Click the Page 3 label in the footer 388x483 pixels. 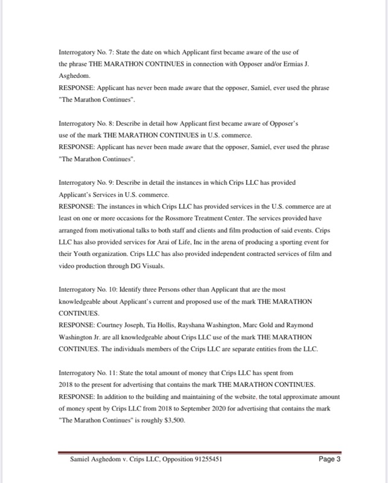click(x=329, y=458)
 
